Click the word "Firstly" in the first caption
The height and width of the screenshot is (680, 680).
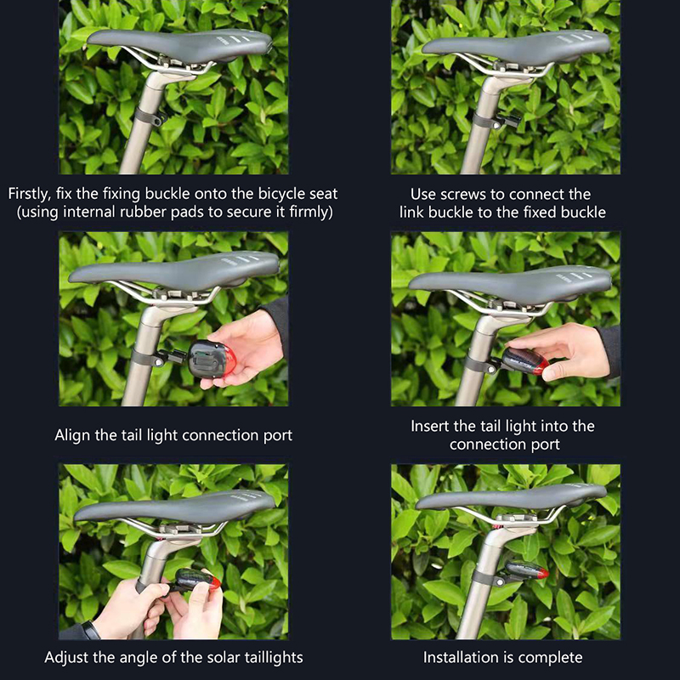point(29,194)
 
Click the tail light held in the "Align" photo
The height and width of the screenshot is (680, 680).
point(212,359)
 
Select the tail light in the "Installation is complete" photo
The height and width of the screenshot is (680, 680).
point(527,569)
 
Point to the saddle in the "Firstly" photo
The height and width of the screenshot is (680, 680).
point(179,46)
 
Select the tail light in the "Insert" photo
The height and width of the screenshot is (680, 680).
point(525,360)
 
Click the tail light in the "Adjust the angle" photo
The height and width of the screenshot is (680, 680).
point(197,581)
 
